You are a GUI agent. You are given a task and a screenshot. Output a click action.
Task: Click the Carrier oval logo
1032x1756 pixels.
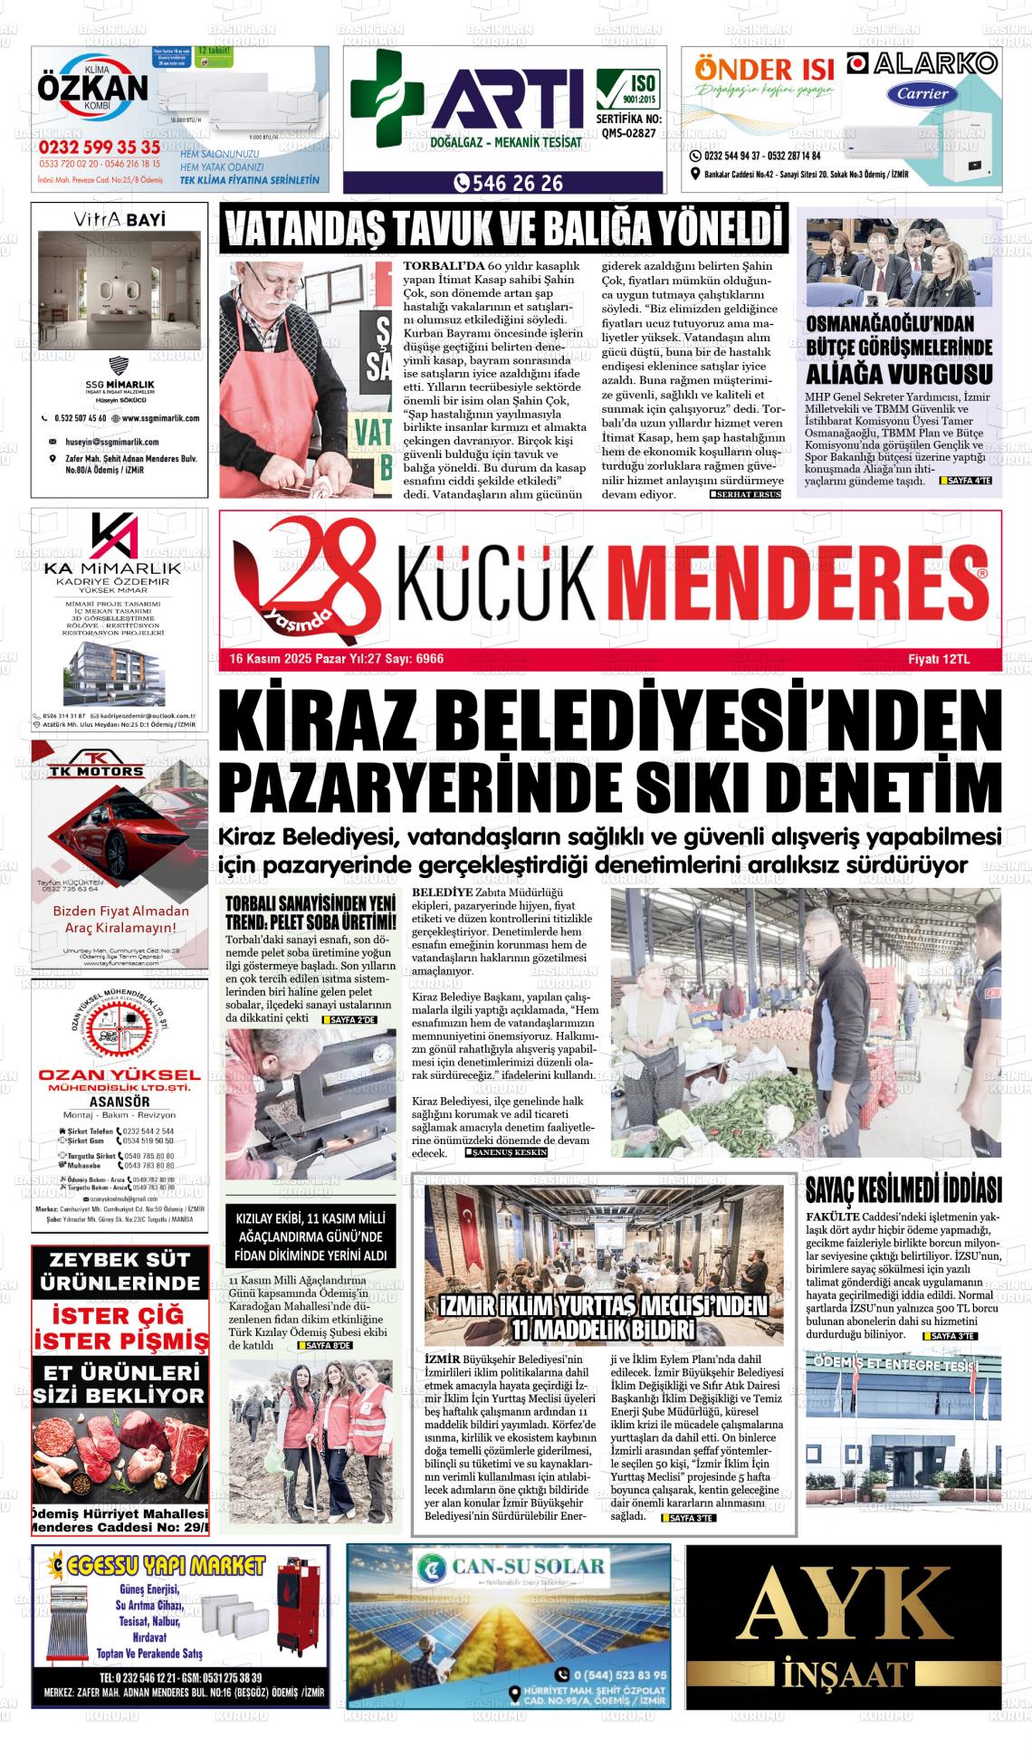pos(923,94)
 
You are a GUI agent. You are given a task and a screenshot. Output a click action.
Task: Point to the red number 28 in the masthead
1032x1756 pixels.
pos(308,577)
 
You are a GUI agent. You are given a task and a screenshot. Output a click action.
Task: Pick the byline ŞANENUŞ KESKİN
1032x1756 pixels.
pos(507,1154)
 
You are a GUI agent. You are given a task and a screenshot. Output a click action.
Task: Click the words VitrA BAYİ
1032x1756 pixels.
pos(119,219)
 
